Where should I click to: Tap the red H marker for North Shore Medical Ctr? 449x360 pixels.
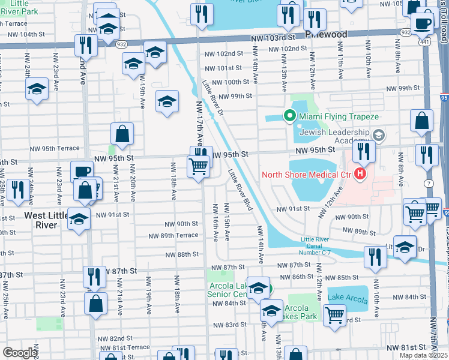click(360, 175)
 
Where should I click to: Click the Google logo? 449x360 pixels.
click(20, 353)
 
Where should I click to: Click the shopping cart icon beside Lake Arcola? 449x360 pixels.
click(334, 314)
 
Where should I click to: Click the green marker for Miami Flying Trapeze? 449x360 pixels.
click(289, 116)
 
